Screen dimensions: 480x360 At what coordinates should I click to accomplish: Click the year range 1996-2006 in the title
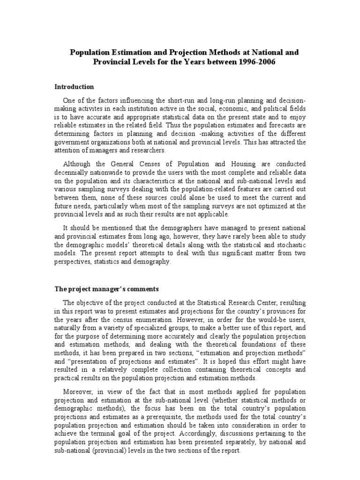[269, 62]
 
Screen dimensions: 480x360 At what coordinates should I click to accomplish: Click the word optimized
[266, 206]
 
